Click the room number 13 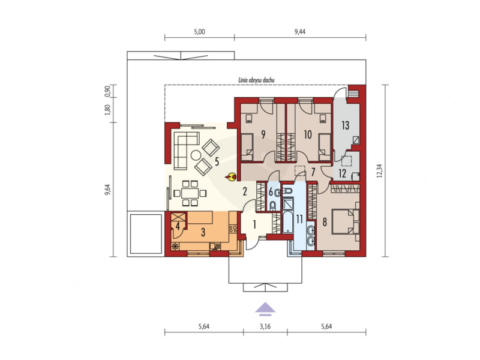click(x=346, y=125)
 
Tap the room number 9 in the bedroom click(x=263, y=134)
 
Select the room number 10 click(x=308, y=134)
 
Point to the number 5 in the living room click(x=217, y=161)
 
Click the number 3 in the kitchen click(x=203, y=232)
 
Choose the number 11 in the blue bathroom click(x=299, y=219)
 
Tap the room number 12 click(x=342, y=173)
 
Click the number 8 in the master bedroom click(x=325, y=222)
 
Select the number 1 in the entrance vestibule click(x=254, y=224)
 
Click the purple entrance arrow click(x=265, y=308)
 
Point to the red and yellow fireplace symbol click(x=232, y=176)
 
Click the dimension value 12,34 click(x=380, y=170)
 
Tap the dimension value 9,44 click(x=300, y=32)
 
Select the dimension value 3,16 click(x=265, y=326)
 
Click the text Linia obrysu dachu click(x=256, y=80)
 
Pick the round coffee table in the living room click(x=196, y=155)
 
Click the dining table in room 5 click(x=190, y=193)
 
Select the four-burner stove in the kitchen click(x=233, y=229)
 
